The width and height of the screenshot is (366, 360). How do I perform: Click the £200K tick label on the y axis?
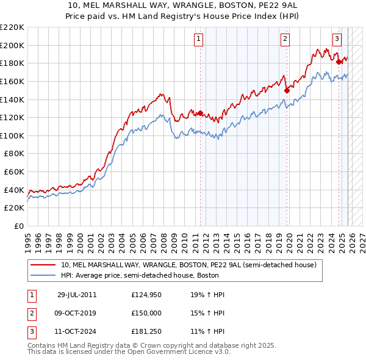click(12, 45)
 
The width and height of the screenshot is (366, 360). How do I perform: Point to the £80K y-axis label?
click(14, 154)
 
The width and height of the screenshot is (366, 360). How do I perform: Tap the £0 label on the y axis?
click(19, 226)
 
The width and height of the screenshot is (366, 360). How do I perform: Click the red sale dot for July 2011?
click(200, 113)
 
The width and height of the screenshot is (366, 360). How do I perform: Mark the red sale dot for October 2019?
click(286, 90)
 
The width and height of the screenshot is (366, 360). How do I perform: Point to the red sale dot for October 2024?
click(339, 62)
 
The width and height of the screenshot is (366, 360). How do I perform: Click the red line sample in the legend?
click(44, 265)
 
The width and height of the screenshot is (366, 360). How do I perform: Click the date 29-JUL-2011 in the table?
click(77, 295)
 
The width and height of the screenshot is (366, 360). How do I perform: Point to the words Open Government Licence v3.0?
click(182, 352)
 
